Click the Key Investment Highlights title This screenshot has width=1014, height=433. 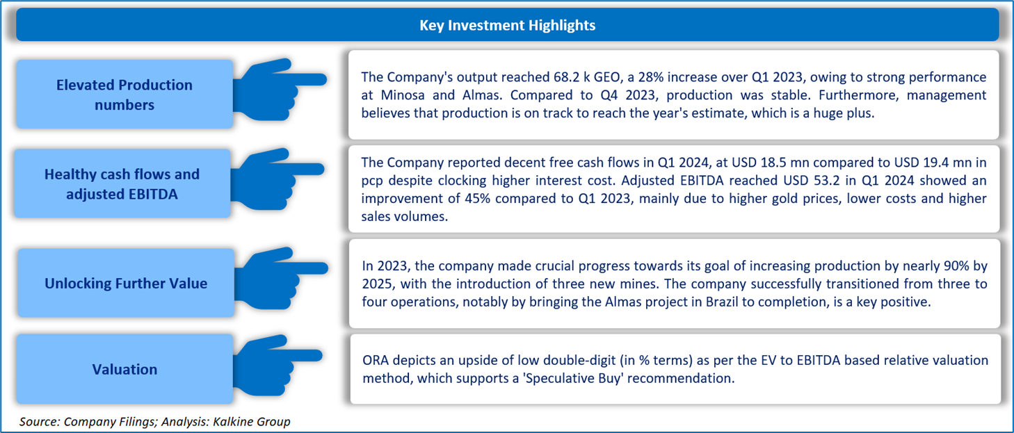coord(507,26)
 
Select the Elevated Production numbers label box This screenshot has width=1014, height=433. coord(124,95)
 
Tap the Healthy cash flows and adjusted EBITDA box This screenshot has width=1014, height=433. coord(122,184)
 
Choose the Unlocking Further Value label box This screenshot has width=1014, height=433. coord(125,284)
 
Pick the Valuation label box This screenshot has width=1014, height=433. coord(124,369)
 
